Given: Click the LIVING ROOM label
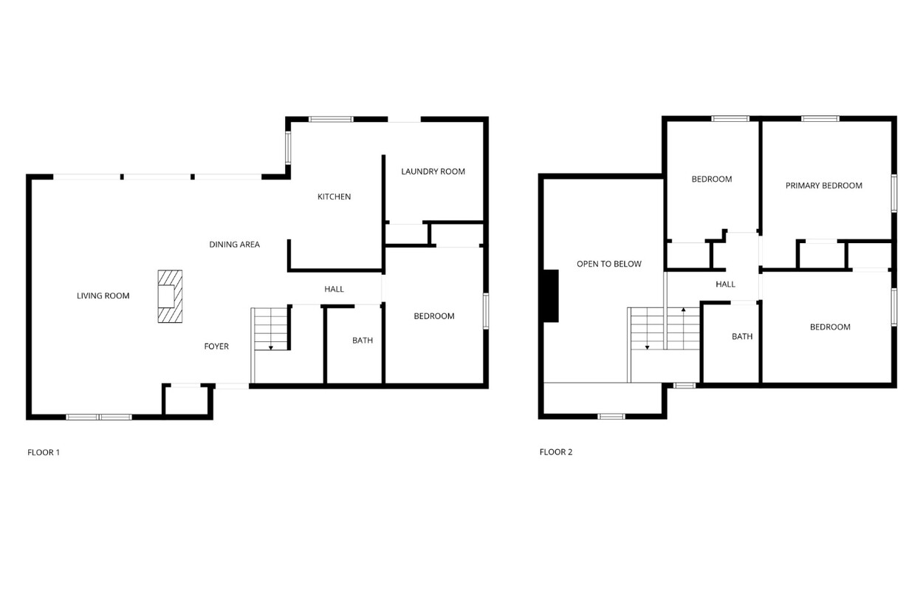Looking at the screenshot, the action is (x=103, y=296).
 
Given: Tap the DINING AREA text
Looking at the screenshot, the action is (x=235, y=245).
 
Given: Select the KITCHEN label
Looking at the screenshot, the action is (x=334, y=197).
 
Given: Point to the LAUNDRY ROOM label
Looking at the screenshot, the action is (x=433, y=171).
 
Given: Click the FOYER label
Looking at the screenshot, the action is (x=216, y=347).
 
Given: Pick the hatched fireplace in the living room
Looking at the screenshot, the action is (x=170, y=296).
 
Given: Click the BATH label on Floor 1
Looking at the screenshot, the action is (x=363, y=340).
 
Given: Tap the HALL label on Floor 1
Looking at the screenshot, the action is (x=334, y=289).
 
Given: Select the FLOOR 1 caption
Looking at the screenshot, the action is (x=44, y=452).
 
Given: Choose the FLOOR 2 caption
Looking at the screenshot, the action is (x=556, y=452).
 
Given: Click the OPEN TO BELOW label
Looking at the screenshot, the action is (x=609, y=264).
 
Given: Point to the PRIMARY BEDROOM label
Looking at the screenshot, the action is (x=824, y=185).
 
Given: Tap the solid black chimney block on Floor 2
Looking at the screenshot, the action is (x=551, y=296).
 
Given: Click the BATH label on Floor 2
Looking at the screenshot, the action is (x=742, y=336).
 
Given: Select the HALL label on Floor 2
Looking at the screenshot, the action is (x=725, y=284).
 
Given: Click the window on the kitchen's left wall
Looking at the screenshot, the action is (x=288, y=148).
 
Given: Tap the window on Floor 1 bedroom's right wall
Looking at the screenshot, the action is (x=486, y=311).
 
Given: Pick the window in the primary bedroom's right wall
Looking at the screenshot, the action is (x=893, y=194).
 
